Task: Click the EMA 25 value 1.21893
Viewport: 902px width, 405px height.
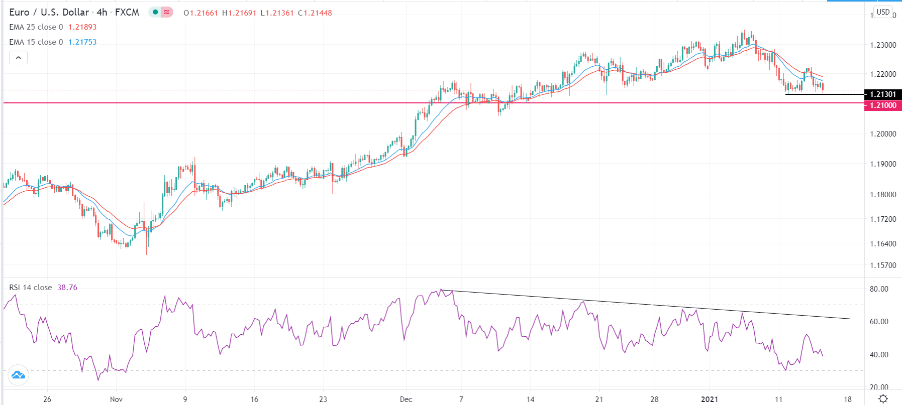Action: pos(82,27)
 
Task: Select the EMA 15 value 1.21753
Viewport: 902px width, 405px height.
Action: pos(82,42)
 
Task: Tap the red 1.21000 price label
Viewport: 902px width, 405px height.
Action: pos(883,105)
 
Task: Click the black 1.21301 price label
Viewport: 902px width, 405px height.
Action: pos(883,94)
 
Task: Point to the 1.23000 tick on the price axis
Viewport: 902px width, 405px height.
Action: pos(883,45)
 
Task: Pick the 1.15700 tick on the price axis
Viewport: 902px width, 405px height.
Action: pos(883,265)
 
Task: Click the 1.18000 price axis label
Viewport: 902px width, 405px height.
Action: pos(883,195)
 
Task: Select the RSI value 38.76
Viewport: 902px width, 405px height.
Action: pos(67,288)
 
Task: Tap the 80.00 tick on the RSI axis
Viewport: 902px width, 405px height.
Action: pos(879,289)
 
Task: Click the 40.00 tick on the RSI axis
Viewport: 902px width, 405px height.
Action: pos(879,355)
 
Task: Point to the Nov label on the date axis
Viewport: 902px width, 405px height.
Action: pos(116,399)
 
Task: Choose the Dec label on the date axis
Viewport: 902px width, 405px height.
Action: pos(406,399)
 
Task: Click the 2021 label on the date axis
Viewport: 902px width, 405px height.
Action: pos(710,399)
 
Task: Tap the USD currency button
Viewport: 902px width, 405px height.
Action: pos(883,12)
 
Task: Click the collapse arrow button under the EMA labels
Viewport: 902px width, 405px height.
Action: pos(18,58)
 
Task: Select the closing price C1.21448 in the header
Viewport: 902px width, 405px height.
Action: pos(315,13)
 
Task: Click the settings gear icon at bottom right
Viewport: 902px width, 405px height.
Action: pos(883,399)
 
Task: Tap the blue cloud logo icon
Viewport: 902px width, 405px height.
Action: pos(18,375)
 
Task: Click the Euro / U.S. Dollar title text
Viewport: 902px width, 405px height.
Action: pos(49,13)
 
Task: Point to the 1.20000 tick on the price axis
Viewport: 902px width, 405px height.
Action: pos(883,134)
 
